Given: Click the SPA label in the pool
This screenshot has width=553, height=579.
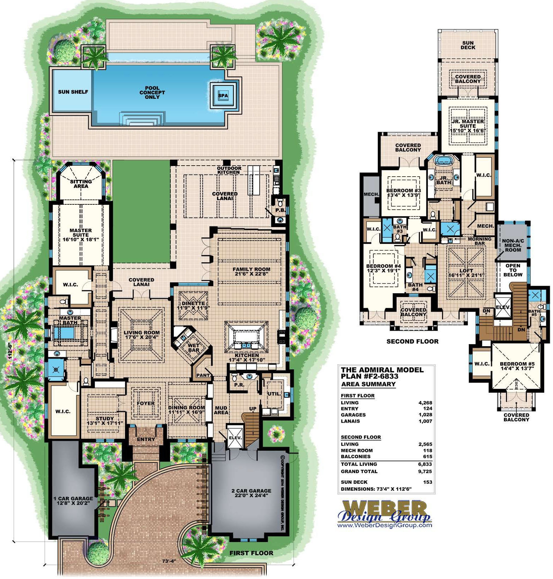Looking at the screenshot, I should coord(223,96).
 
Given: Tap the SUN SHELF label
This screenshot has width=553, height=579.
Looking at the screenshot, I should coord(73,92).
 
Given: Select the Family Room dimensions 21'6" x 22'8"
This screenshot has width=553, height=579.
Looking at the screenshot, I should coord(251,274).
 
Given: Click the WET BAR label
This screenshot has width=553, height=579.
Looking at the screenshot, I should coord(194,347).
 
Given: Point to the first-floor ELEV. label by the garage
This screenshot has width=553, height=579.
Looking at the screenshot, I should coord(235,438).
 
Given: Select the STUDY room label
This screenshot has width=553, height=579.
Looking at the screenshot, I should coord(105,418).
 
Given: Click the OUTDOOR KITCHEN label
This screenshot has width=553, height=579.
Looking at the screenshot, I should coord(229,170).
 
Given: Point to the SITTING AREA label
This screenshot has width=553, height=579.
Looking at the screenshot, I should coord(81,183).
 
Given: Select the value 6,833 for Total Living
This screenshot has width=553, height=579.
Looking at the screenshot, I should coord(425,464).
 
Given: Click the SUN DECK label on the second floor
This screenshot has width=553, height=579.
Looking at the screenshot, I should coord(468,45).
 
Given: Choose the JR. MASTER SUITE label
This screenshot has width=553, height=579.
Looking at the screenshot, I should coord(468,123).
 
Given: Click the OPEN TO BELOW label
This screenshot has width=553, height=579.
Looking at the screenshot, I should coord(512,270).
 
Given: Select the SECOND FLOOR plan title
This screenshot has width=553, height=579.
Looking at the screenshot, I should coord(412,341).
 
